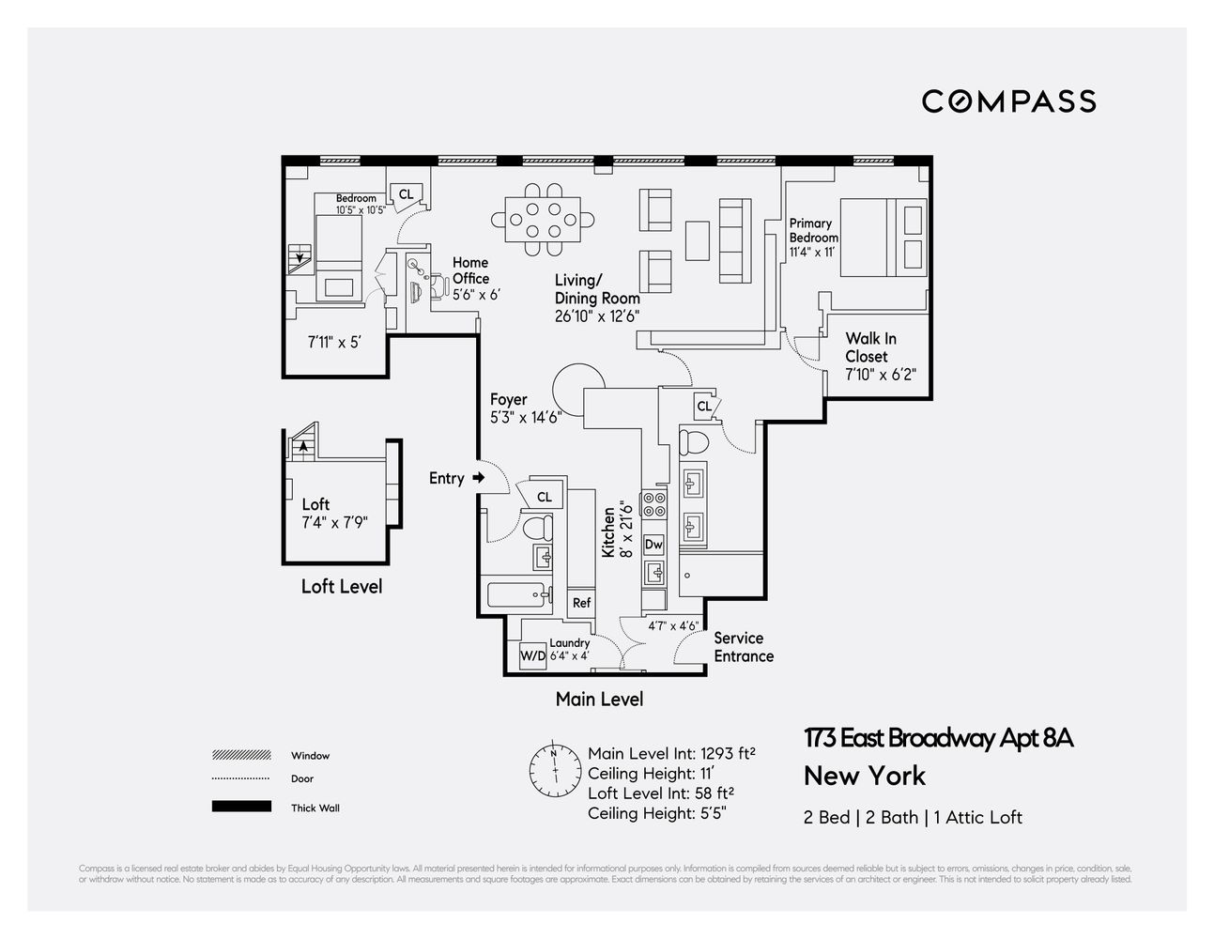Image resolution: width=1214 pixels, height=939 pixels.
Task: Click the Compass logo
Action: point(1008,101)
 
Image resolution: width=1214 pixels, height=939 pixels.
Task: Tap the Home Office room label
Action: point(470,271)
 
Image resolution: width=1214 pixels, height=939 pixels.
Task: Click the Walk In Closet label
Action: point(870,347)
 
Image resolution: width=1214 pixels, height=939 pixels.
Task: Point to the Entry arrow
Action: point(479,478)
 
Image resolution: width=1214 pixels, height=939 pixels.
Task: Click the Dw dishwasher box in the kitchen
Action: point(653,545)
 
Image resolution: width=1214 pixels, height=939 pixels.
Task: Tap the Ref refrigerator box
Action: point(581,603)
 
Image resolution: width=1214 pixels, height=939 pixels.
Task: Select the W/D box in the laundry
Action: point(532,655)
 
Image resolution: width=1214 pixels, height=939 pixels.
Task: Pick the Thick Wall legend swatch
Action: point(241,807)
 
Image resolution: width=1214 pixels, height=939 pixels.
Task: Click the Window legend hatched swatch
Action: point(241,755)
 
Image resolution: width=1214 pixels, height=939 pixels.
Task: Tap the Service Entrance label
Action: point(744,647)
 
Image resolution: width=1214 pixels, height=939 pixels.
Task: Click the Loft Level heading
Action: point(342,586)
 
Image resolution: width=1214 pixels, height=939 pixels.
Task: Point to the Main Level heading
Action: point(599,699)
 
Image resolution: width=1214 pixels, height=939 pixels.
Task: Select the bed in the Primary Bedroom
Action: point(882,237)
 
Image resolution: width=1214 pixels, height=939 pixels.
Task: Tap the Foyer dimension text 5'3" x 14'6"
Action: point(525,418)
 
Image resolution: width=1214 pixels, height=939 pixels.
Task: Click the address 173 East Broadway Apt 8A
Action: point(938,738)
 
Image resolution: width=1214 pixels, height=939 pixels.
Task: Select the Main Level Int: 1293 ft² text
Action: point(671,753)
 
